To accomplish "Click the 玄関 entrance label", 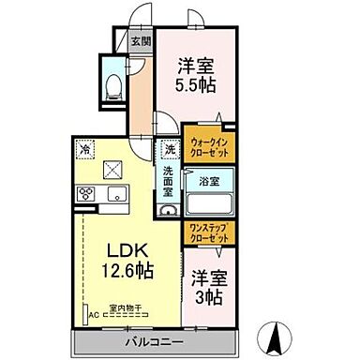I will pyautogui.click(x=139, y=41).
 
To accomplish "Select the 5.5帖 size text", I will pyautogui.click(x=195, y=82).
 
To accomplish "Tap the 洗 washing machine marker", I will pyautogui.click(x=170, y=148).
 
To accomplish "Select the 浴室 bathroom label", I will pyautogui.click(x=208, y=180).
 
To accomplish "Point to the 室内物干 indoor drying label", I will pyautogui.click(x=123, y=307).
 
